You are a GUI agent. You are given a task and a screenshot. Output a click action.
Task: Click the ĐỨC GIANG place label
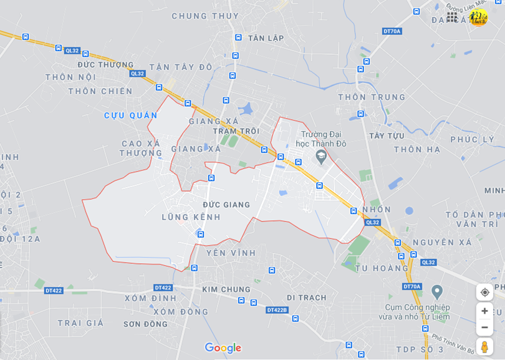(x=226, y=205)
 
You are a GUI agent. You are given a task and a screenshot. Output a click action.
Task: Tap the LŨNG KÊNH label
(x=191, y=217)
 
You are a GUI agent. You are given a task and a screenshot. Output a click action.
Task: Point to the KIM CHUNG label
(x=226, y=289)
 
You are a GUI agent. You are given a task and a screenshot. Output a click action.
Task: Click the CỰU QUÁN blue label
(x=131, y=115)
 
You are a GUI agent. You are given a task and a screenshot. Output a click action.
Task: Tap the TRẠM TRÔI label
(x=236, y=131)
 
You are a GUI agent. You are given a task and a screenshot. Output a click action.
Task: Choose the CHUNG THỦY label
(x=205, y=16)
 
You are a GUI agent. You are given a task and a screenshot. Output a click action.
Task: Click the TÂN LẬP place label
(x=266, y=38)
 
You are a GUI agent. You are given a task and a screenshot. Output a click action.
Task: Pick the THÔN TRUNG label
(x=372, y=97)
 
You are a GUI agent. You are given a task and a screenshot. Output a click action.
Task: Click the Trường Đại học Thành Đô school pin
(x=321, y=157)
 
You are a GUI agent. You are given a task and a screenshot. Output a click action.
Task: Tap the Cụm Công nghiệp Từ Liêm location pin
(x=436, y=291)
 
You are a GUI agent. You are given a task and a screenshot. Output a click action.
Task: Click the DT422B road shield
(x=277, y=310)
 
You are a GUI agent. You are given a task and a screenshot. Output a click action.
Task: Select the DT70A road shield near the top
(x=392, y=31)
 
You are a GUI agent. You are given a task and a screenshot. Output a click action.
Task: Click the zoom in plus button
(x=484, y=311)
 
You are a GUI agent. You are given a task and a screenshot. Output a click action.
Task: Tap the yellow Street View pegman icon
(x=484, y=347)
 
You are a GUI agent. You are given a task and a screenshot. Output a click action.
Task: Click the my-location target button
(x=484, y=292)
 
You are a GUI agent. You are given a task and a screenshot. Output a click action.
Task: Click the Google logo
(x=223, y=348)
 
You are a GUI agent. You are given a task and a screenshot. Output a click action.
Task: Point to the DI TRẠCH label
(x=307, y=298)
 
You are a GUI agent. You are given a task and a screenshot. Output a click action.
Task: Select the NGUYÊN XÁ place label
(x=443, y=242)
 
